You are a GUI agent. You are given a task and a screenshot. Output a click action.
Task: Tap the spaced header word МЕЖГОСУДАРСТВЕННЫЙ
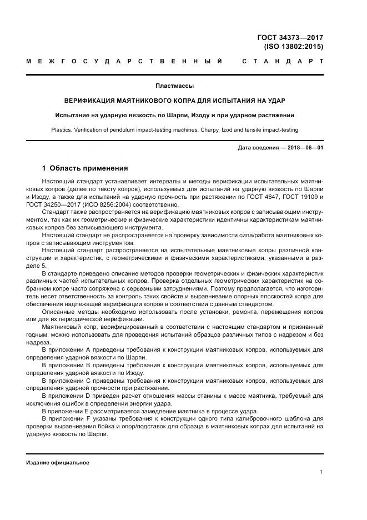[125, 61]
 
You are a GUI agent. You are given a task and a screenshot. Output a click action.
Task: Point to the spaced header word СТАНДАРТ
[283, 61]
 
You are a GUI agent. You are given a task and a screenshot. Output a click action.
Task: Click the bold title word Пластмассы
[175, 86]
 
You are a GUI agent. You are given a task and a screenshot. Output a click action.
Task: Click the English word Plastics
[62, 130]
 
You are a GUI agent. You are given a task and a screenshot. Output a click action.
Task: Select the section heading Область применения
[89, 168]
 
